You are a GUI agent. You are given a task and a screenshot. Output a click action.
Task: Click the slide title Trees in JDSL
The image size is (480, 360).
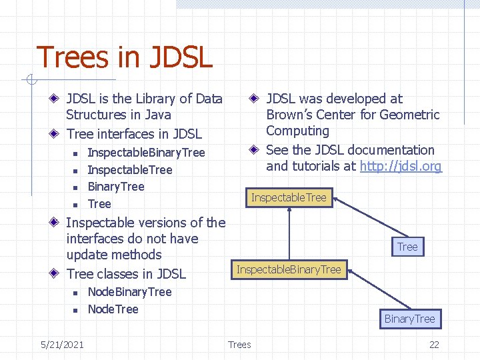124,57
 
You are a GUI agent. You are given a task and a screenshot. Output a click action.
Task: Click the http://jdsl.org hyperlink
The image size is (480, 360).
401,167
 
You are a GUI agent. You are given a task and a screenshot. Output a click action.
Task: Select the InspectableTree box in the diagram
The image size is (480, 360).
289,197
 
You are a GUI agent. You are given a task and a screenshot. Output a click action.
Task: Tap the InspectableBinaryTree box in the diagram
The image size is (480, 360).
289,269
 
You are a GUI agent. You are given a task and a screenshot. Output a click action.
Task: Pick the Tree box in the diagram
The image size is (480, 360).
407,247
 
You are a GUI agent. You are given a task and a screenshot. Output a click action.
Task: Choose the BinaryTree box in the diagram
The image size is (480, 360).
409,319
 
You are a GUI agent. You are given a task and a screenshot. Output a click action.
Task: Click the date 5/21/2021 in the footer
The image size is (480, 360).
62,344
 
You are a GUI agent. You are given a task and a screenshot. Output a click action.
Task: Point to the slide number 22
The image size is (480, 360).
434,344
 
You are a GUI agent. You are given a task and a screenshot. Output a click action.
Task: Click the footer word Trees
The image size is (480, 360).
239,344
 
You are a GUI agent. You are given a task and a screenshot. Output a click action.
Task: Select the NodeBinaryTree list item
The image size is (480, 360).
129,292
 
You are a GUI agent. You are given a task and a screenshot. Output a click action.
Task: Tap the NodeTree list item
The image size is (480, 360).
113,309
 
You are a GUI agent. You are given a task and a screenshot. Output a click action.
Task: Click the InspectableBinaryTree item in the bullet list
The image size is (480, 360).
146,153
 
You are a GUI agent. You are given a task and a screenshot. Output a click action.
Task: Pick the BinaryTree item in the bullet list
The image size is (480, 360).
116,187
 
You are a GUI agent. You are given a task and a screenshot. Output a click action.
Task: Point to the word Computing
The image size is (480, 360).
297,131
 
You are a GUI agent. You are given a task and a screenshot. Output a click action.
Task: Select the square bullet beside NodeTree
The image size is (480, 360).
76,310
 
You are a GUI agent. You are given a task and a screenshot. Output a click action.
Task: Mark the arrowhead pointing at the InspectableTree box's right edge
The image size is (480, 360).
337,197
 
